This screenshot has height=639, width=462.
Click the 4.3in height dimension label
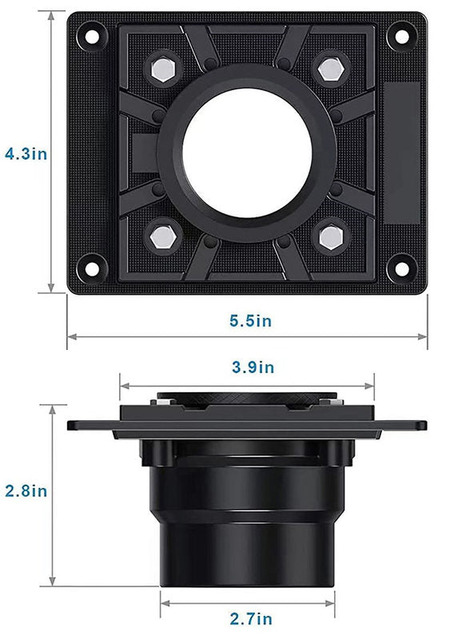26,153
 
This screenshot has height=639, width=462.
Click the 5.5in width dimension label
250,321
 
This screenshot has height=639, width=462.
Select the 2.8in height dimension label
26,490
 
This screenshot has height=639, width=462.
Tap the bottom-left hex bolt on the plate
163,236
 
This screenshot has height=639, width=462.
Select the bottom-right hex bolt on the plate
329,236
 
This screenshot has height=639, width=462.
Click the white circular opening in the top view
246,153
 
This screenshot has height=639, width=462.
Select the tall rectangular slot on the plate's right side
399,152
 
